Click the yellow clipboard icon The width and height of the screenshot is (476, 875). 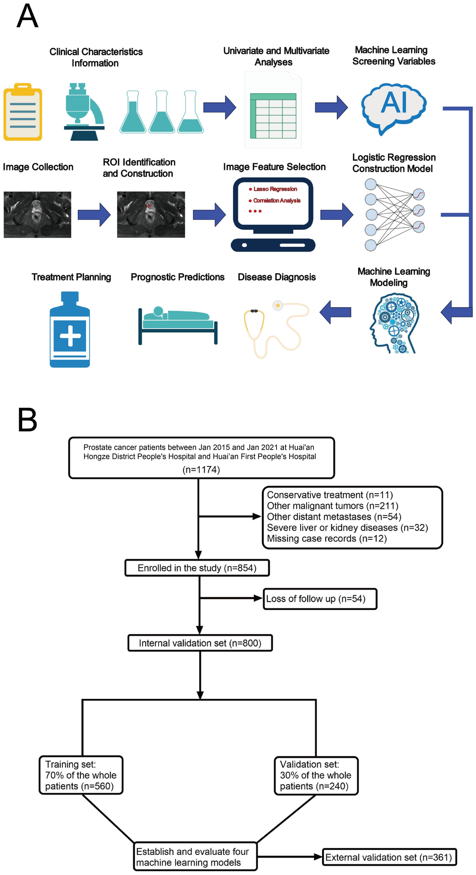(23, 112)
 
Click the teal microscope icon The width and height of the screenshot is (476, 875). (83, 112)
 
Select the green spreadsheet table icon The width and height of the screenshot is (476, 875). (273, 115)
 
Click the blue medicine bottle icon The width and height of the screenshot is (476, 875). (70, 330)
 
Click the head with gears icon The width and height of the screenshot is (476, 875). (394, 323)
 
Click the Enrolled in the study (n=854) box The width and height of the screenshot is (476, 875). (197, 568)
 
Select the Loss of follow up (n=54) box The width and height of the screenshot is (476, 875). (320, 599)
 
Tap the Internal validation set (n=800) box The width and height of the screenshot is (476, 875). (200, 643)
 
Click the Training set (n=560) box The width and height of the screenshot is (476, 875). (81, 775)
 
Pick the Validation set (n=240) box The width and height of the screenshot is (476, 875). (316, 775)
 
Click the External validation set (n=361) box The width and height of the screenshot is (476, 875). (389, 857)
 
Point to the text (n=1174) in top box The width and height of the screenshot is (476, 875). (201, 470)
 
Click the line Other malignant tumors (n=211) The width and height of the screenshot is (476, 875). (332, 506)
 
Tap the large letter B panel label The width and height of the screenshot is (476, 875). (27, 420)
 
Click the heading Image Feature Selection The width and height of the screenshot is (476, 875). (274, 167)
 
